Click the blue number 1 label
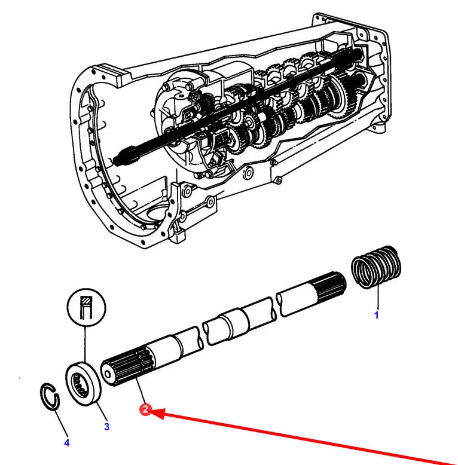(376, 316)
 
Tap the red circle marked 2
(145, 411)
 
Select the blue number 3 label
(106, 427)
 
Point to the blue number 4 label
(67, 443)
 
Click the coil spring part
(376, 267)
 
